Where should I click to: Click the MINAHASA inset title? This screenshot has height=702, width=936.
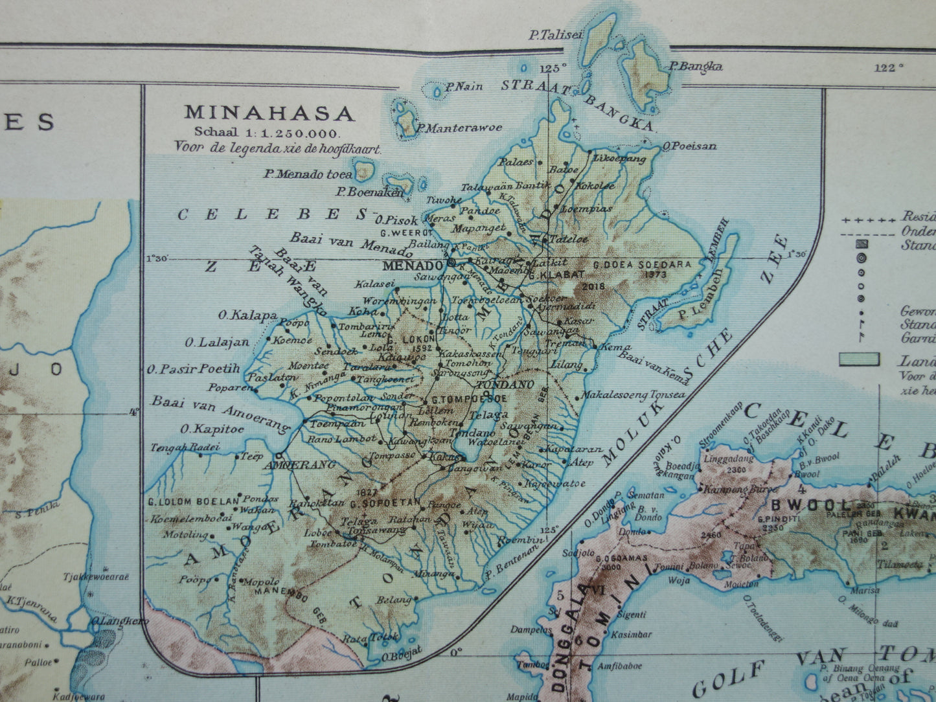(270, 113)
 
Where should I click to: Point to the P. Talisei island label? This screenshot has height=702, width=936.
(554, 36)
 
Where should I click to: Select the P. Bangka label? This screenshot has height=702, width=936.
(696, 66)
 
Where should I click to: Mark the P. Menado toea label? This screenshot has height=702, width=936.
(308, 174)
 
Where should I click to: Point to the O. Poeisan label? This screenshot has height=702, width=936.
(691, 146)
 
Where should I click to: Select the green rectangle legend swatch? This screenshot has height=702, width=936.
(859, 359)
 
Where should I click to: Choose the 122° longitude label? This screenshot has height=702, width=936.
(888, 67)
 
